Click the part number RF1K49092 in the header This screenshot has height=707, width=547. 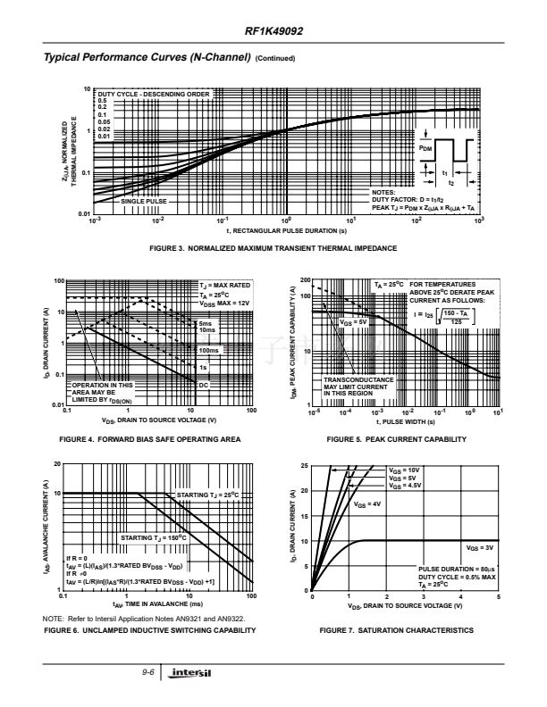click(x=273, y=30)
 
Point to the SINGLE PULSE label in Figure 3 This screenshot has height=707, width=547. click(x=144, y=202)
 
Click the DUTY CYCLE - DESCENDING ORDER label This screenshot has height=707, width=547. click(x=153, y=94)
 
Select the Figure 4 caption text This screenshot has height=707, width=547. click(x=149, y=439)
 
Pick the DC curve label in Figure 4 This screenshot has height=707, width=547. click(x=203, y=384)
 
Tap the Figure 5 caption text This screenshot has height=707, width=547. click(x=396, y=439)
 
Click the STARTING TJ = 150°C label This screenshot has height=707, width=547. click(x=153, y=538)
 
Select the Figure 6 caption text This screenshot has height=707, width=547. click(x=149, y=630)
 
